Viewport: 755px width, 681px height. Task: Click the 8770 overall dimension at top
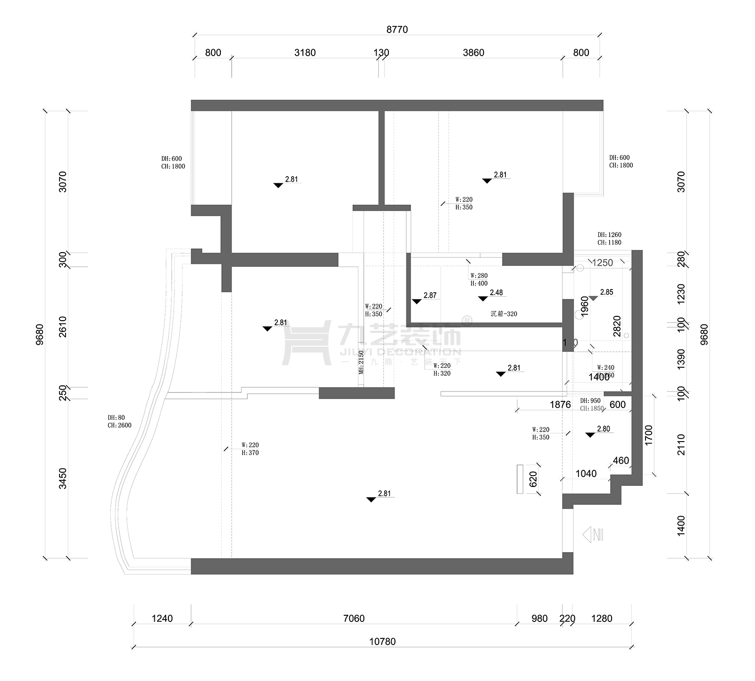pyautogui.click(x=397, y=29)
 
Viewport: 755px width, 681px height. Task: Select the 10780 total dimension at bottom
pyautogui.click(x=382, y=641)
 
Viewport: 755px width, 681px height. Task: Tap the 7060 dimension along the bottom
pyautogui.click(x=353, y=618)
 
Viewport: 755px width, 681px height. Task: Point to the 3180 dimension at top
pyautogui.click(x=305, y=52)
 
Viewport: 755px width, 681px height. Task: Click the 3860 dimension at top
pyautogui.click(x=473, y=52)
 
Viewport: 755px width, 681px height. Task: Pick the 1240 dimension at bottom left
pyautogui.click(x=162, y=618)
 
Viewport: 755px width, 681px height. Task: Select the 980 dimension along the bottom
pyautogui.click(x=539, y=618)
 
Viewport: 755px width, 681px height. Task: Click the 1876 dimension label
pyautogui.click(x=560, y=404)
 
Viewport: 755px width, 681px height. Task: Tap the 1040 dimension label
pyautogui.click(x=586, y=473)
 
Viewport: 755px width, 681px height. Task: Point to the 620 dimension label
pyautogui.click(x=533, y=479)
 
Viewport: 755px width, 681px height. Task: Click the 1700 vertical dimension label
pyautogui.click(x=649, y=434)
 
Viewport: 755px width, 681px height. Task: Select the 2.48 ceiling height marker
pyautogui.click(x=496, y=293)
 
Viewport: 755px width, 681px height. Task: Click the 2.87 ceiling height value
pyautogui.click(x=430, y=295)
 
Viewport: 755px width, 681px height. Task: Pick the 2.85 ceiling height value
pyautogui.click(x=606, y=292)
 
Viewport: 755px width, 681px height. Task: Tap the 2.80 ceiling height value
pyautogui.click(x=603, y=429)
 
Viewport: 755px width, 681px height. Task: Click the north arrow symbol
pyautogui.click(x=593, y=535)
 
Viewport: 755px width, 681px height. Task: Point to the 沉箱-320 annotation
pyautogui.click(x=503, y=314)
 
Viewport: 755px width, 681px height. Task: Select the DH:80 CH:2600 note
pyautogui.click(x=119, y=421)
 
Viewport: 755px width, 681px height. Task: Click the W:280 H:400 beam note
pyautogui.click(x=479, y=280)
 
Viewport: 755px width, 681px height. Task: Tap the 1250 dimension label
pyautogui.click(x=602, y=263)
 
